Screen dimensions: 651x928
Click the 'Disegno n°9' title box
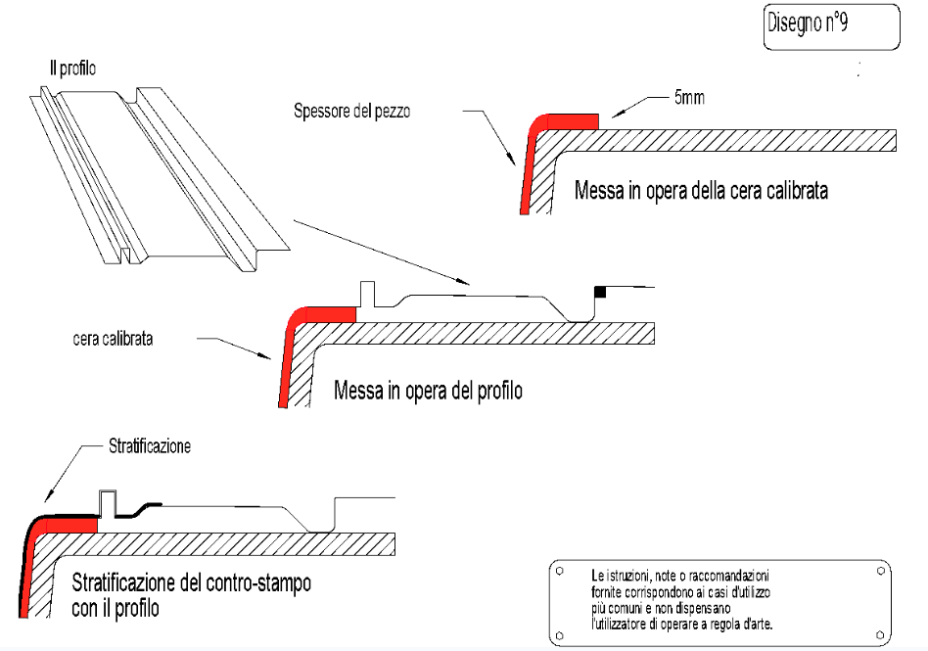(x=830, y=26)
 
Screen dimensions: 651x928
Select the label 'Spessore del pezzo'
(x=351, y=112)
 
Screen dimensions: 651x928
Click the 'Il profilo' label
(x=72, y=69)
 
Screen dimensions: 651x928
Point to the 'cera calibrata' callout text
(x=116, y=339)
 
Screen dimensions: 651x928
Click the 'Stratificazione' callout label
(x=147, y=447)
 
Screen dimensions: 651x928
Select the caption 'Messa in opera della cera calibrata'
(x=701, y=191)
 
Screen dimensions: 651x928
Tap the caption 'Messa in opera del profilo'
(x=428, y=391)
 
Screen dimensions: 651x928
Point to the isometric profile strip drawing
(x=157, y=176)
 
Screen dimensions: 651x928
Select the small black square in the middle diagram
(x=601, y=292)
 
